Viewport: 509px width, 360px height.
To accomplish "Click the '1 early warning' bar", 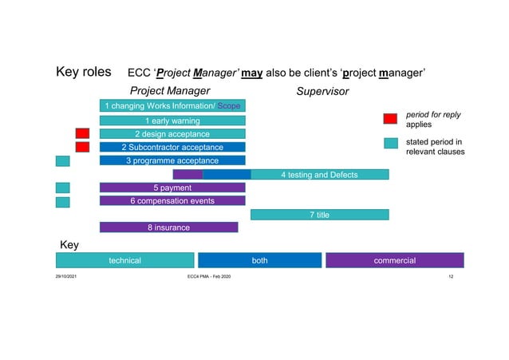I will pos(172,121).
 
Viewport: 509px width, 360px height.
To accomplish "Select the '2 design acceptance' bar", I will pos(172,134).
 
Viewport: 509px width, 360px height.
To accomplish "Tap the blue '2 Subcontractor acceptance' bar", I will pos(172,148).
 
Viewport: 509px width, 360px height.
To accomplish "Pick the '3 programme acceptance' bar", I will pos(172,160).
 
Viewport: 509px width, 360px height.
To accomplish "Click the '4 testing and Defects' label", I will pos(319,175).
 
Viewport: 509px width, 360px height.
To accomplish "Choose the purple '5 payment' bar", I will pos(172,188).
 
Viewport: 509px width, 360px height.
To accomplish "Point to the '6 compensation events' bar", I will pos(172,201).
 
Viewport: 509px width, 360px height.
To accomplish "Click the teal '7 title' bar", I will pos(319,215).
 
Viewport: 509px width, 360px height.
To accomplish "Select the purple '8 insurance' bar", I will pos(168,227).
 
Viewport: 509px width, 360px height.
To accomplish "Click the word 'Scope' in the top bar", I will pos(231,106).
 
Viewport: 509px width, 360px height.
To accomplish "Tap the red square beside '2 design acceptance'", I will pos(82,133).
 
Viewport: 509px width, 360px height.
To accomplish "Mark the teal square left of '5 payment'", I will pos(62,188).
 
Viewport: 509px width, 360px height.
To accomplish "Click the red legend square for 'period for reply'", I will pos(390,119).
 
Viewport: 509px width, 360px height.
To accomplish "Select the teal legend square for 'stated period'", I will pos(390,144).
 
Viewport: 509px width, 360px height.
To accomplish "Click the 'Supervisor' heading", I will pos(322,91).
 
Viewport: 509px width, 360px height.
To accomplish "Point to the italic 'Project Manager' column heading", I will pos(170,91).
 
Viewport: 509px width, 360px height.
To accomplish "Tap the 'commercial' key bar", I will pos(394,260).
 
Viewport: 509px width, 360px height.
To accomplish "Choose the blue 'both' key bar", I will pos(259,260).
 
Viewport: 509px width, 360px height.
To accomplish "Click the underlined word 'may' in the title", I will pos(251,73).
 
